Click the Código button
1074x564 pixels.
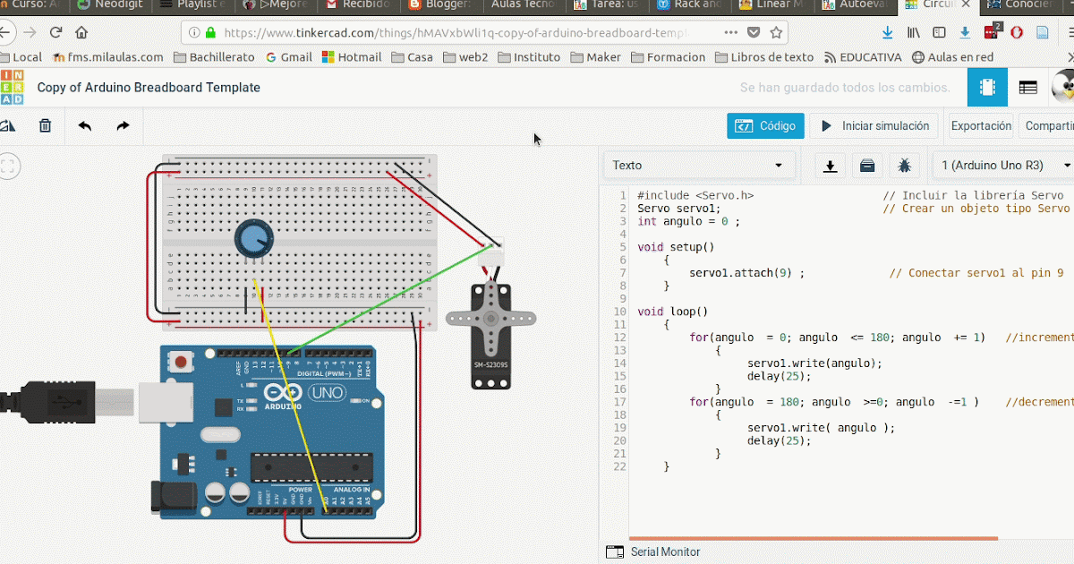[x=765, y=126]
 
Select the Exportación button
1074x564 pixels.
[x=981, y=126]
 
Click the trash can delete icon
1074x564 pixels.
[x=45, y=126]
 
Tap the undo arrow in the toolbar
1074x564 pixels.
[x=85, y=126]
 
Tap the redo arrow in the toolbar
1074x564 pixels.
[x=123, y=126]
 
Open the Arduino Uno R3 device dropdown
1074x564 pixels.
[x=1002, y=166]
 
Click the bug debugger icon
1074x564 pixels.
[x=905, y=166]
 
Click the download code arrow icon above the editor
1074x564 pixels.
[x=831, y=166]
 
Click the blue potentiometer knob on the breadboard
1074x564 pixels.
[x=253, y=239]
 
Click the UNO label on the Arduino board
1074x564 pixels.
[x=326, y=393]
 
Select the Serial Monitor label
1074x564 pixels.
[x=665, y=552]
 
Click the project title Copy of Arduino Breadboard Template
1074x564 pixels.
[x=149, y=88]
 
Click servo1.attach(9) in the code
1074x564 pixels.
[x=746, y=273]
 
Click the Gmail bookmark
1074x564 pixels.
[x=289, y=57]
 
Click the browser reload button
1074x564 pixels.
[x=55, y=33]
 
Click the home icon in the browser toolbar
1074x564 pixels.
[x=81, y=33]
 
